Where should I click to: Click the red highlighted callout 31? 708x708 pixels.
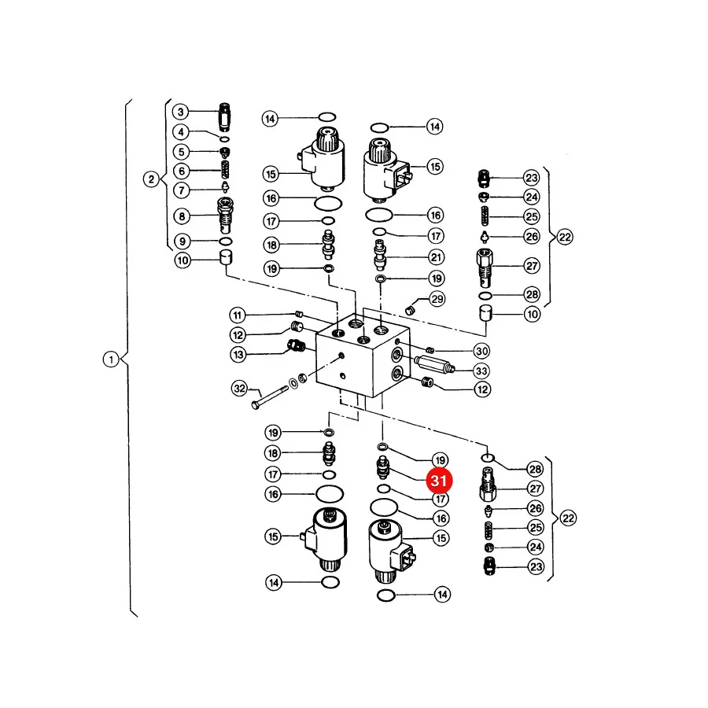pos(439,481)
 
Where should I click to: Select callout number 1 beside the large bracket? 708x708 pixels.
pos(111,360)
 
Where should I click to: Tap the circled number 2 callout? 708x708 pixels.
pos(151,179)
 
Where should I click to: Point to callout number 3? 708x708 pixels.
pos(181,112)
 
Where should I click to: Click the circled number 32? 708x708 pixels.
pos(240,389)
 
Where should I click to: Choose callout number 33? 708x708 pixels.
pos(481,371)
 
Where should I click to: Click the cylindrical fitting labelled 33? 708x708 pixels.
pos(434,364)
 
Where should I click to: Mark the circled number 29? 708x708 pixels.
pos(437,299)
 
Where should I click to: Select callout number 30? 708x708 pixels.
pos(481,351)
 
